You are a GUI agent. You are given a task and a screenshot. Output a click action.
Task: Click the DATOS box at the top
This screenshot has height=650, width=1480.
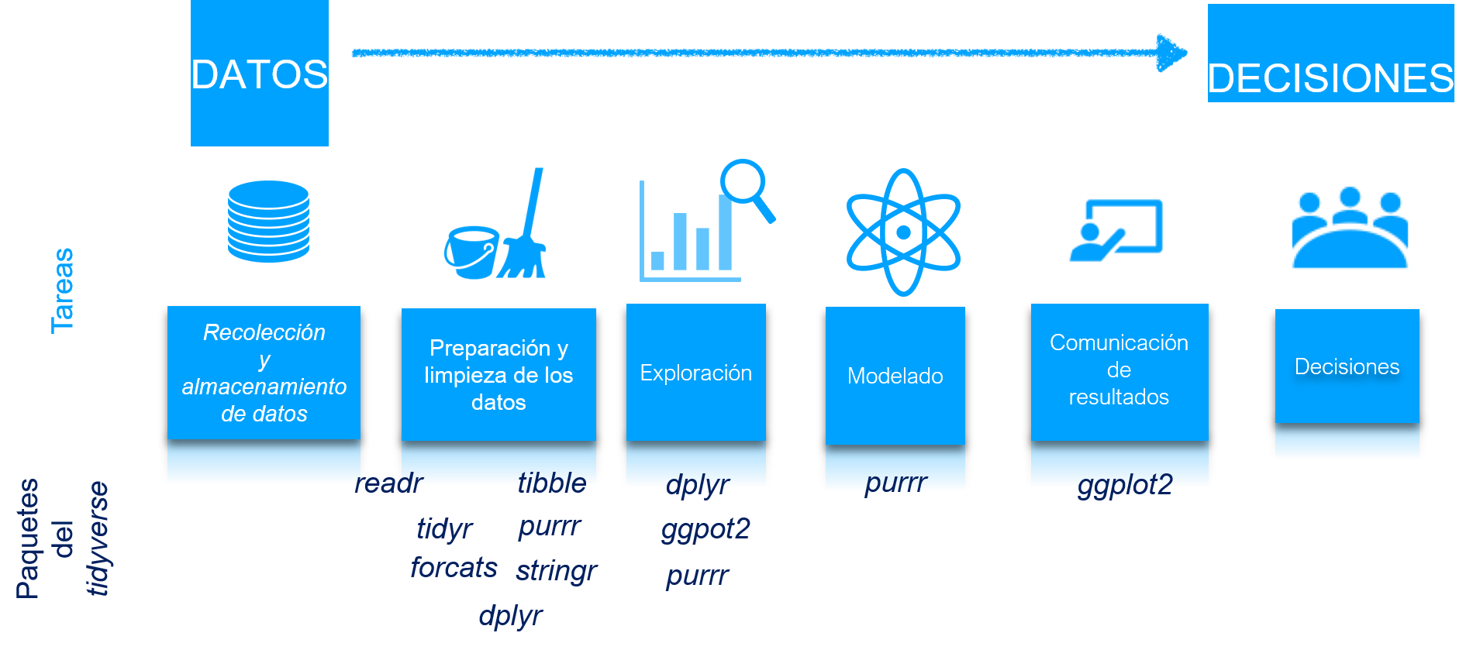pos(260,74)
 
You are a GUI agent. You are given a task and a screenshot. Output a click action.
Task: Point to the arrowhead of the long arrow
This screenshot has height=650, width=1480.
pos(1172,53)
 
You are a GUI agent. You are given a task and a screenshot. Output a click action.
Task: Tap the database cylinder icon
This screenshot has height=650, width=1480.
pos(268,222)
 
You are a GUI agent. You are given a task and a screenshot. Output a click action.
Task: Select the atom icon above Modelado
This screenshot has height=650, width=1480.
pos(903,232)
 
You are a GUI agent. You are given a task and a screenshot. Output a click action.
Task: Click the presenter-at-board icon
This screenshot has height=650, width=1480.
pos(1116,230)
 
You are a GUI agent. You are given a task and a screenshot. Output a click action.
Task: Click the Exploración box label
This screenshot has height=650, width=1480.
pos(695,373)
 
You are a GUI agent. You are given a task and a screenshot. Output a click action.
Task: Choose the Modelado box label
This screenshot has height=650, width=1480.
pos(895,377)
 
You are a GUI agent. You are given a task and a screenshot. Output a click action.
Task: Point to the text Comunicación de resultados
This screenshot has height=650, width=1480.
pos(1119,370)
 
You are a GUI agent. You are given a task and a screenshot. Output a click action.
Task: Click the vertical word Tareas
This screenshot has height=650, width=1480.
pos(63,291)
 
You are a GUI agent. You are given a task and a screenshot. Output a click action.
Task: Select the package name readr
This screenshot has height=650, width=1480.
pos(389,483)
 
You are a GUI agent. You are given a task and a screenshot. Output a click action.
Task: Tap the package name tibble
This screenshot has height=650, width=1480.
pos(552,483)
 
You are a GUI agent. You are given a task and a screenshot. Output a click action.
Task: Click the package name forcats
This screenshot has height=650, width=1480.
pos(454,568)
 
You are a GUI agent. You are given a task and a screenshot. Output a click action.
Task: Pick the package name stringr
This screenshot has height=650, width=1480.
pos(556,571)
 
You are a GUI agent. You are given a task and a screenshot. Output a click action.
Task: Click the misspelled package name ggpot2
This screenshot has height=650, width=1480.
pos(706,529)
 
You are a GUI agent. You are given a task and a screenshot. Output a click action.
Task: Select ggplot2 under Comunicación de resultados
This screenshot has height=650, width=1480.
pos(1125,485)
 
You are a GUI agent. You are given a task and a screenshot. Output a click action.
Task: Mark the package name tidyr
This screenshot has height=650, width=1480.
pos(444,529)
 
